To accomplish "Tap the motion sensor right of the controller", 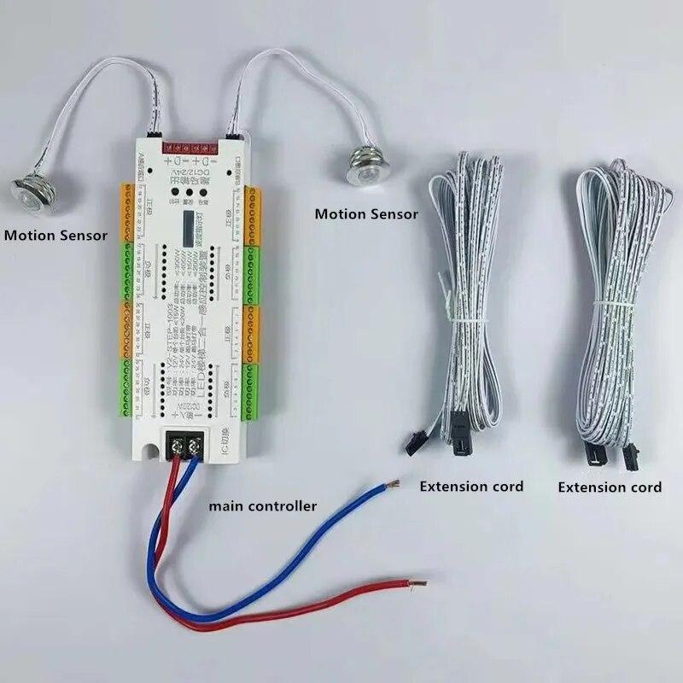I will point(364,164).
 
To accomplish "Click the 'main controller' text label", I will point(263,506).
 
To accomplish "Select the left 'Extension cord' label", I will point(471,487).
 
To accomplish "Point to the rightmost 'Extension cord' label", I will point(610,487).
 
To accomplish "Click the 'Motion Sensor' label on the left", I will point(55,235).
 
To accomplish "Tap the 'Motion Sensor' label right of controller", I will point(366,213).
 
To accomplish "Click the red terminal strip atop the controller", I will point(191,145).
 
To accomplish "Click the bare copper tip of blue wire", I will point(393,486).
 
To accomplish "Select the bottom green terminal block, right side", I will point(254,391).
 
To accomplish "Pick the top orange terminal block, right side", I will point(254,213).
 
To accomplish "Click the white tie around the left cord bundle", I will point(463,314).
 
